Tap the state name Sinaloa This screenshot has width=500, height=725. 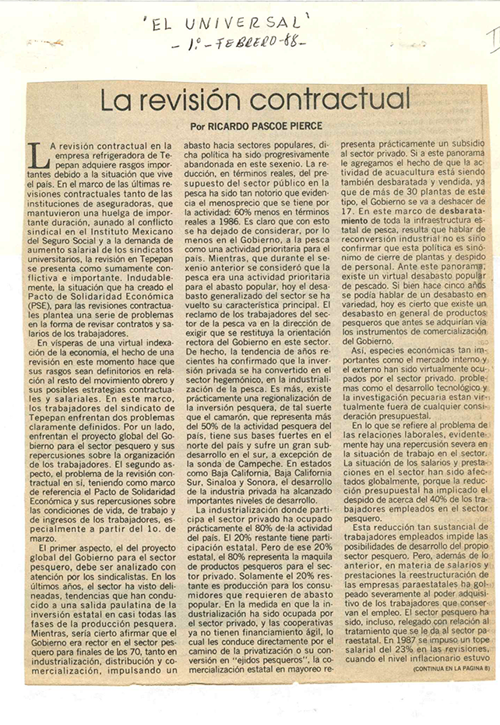click(x=212, y=462)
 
